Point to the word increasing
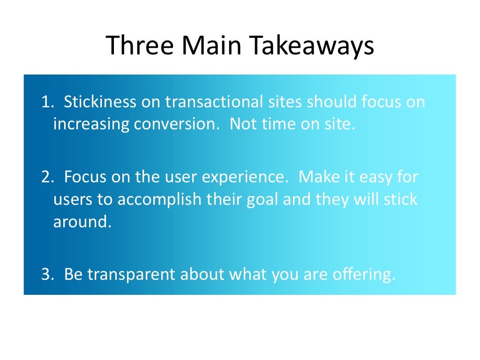(91, 125)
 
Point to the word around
(82, 222)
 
